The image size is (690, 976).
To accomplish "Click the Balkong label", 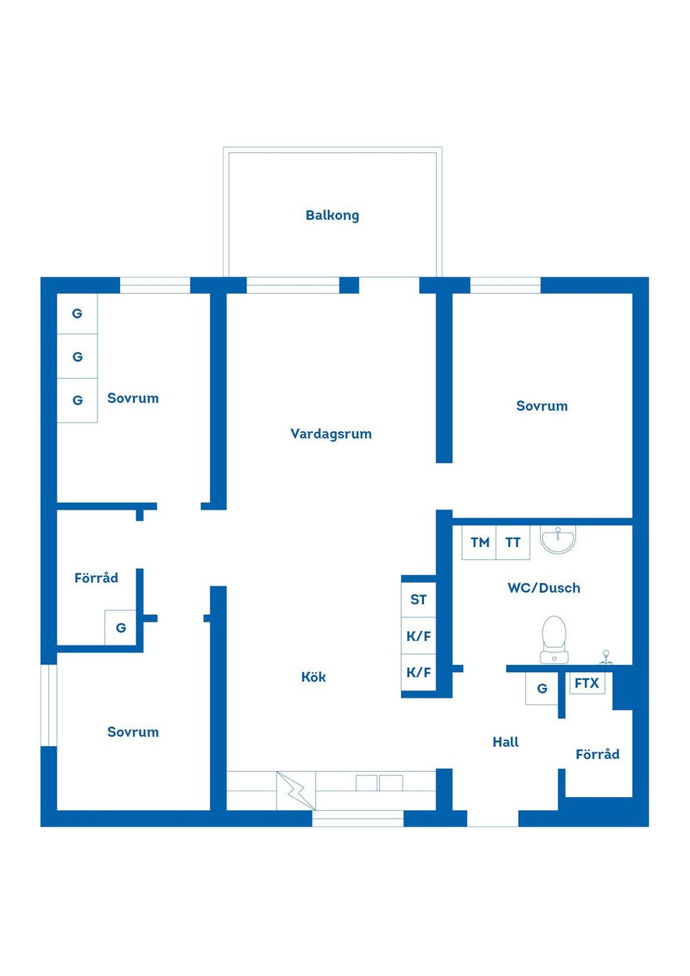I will click(332, 215).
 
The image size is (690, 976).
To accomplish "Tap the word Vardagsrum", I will click(331, 433).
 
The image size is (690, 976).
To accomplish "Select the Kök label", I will click(313, 676).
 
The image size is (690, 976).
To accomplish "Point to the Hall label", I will click(505, 742).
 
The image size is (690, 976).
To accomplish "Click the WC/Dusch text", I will click(543, 587).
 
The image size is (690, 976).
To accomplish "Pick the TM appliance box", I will click(479, 543).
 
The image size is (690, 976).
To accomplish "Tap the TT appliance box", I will click(512, 543).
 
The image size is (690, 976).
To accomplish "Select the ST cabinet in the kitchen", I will click(418, 599).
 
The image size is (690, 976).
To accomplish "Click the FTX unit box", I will click(586, 683).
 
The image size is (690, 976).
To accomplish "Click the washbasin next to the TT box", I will click(558, 539).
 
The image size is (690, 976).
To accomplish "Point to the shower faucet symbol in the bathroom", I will click(606, 657).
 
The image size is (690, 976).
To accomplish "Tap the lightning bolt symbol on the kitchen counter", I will click(296, 791).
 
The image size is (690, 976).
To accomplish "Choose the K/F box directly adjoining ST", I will click(418, 636).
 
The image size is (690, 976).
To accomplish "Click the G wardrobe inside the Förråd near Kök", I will click(121, 627).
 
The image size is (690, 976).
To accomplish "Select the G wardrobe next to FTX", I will click(542, 689).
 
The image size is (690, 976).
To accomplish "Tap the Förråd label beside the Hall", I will click(597, 754).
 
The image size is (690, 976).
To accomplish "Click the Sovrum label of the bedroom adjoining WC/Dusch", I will click(542, 405).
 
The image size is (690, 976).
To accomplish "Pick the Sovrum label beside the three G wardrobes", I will click(133, 397).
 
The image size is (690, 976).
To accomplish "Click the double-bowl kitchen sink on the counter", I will click(379, 783).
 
